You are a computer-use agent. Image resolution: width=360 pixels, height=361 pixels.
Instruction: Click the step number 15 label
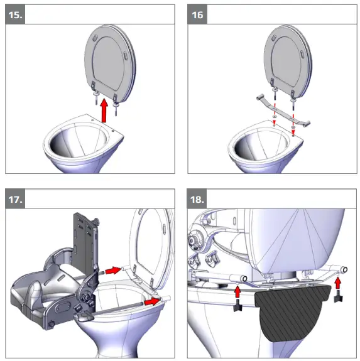15,15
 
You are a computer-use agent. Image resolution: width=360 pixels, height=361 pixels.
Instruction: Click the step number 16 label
197,15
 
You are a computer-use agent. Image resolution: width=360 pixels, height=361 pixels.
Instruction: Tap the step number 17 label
15,199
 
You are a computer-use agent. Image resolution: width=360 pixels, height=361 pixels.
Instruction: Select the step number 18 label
197,199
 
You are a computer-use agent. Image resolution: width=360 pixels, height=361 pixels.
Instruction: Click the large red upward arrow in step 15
104,110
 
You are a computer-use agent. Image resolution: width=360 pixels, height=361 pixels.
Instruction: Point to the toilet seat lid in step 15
110,63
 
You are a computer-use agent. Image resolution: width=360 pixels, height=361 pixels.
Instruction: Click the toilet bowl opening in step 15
79,141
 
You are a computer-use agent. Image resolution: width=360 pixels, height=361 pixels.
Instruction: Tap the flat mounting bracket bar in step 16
283,110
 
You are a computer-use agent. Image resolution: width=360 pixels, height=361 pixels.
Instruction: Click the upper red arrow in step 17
113,271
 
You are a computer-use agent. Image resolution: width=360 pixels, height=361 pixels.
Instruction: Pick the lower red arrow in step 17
152,301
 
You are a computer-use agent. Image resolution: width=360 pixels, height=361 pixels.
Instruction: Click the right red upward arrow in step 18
338,283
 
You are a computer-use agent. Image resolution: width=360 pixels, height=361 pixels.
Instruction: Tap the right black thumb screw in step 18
338,297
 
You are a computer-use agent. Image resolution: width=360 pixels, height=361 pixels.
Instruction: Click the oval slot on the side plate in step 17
60,308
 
